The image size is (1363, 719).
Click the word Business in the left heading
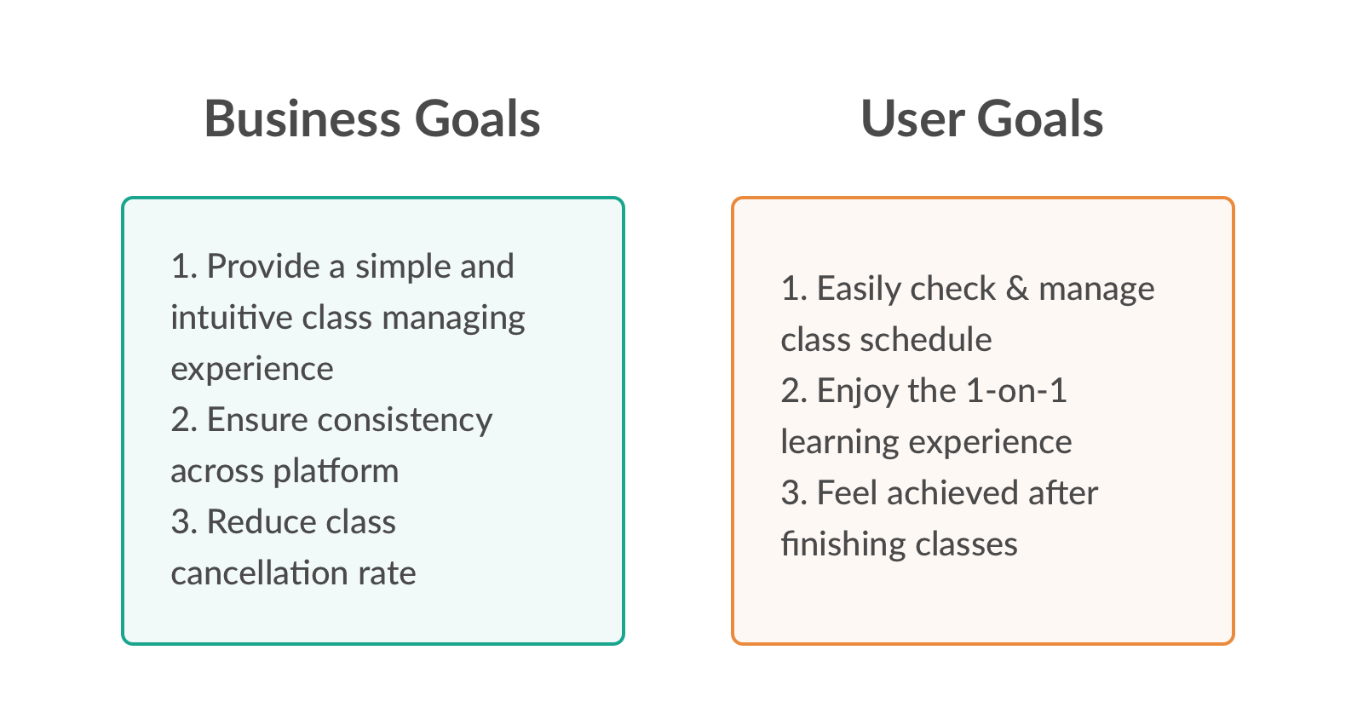(302, 118)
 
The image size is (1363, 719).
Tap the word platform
(336, 472)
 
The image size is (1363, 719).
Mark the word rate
(387, 574)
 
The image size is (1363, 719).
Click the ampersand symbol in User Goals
(1017, 288)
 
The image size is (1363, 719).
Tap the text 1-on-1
(1016, 390)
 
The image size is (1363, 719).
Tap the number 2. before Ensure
(184, 420)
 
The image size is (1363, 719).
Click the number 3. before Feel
(794, 492)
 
